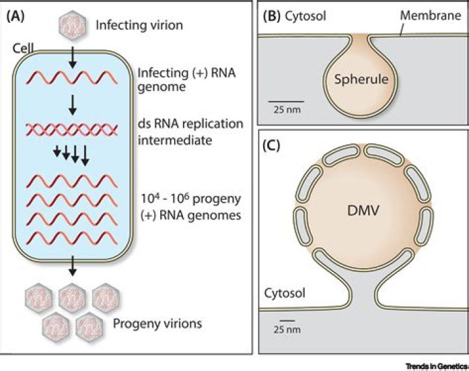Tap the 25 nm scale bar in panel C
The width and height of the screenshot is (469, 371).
click(x=286, y=320)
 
